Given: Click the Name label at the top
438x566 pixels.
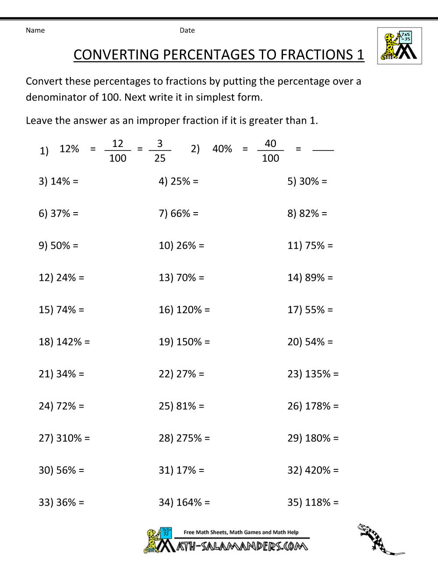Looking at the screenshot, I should click(x=35, y=30).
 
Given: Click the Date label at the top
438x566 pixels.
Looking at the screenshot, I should click(x=187, y=30).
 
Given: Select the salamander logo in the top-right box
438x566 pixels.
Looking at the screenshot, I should click(x=399, y=46).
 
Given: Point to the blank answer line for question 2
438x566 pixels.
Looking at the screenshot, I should click(x=323, y=149).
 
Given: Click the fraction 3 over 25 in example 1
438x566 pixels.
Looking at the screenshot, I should click(x=160, y=150).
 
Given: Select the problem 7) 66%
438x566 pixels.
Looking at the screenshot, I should click(x=178, y=213).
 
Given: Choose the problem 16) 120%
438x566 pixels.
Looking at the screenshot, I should click(x=184, y=310).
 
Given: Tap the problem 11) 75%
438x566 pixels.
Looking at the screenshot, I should click(x=310, y=245).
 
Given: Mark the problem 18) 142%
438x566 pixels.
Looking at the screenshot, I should click(x=64, y=342).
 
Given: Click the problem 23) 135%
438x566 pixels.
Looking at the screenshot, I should click(x=313, y=374).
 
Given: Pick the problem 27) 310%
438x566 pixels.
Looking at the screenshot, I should click(x=64, y=438).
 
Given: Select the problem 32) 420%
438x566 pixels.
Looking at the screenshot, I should click(x=313, y=470).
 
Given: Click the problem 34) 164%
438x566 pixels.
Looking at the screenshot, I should click(x=184, y=502).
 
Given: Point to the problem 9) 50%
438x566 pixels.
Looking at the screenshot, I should click(x=58, y=245).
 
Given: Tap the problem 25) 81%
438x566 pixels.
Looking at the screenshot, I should click(x=181, y=406).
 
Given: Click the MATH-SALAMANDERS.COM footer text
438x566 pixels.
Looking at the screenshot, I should click(x=242, y=546).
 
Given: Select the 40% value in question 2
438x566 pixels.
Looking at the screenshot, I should click(x=222, y=149).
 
